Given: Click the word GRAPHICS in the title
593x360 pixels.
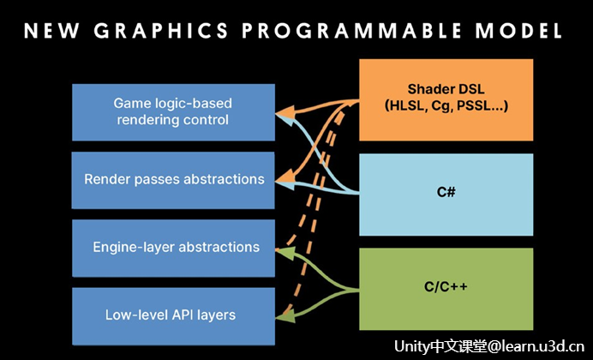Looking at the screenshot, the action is [x=161, y=31].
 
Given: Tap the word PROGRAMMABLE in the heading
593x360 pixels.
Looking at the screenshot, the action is [x=351, y=31].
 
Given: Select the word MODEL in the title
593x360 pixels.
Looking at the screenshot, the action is [x=519, y=31].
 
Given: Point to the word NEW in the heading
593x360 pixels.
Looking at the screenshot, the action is [x=51, y=31].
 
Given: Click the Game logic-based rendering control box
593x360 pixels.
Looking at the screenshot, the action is [x=173, y=112].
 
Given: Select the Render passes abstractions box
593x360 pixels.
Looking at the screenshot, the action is [x=173, y=180].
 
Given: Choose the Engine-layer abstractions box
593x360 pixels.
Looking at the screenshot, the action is [x=173, y=248].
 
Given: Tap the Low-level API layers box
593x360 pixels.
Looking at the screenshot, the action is [x=173, y=316].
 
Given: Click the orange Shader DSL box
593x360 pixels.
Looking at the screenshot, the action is [x=446, y=99].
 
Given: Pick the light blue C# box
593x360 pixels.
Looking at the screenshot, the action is [x=446, y=195].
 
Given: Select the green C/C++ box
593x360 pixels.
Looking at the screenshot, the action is [x=446, y=289].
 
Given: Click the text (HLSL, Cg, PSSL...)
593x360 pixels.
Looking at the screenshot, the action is [x=446, y=106].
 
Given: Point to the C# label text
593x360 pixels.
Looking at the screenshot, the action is [x=446, y=192].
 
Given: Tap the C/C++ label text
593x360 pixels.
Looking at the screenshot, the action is [x=446, y=286].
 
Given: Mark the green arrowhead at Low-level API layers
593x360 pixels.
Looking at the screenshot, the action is [x=285, y=317].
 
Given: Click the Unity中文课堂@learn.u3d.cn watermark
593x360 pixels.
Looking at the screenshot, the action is [x=489, y=345].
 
